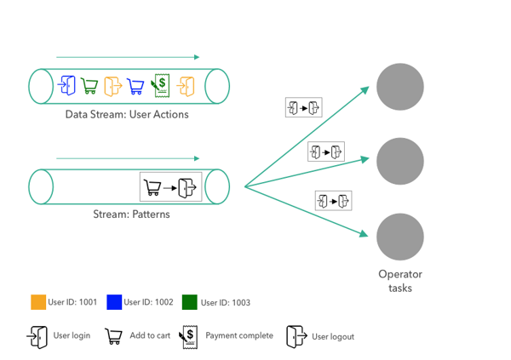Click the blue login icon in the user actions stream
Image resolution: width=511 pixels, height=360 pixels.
pyautogui.click(x=67, y=85)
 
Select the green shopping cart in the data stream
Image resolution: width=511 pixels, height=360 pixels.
pyautogui.click(x=89, y=86)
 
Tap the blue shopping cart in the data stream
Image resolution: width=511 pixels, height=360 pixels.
pyautogui.click(x=135, y=86)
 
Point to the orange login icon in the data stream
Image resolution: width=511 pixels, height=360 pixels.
pyautogui.click(x=185, y=85)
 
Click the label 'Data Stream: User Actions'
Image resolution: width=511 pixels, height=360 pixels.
pyautogui.click(x=127, y=114)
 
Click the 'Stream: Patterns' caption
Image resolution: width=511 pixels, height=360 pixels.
pyautogui.click(x=131, y=214)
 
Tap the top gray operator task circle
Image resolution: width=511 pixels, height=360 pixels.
pyautogui.click(x=400, y=86)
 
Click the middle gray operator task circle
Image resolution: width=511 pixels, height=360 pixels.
pyautogui.click(x=400, y=160)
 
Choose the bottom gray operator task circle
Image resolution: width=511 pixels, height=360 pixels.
pyautogui.click(x=400, y=237)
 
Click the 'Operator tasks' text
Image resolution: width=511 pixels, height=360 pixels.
pyautogui.click(x=400, y=281)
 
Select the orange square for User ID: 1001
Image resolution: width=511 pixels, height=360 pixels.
pyautogui.click(x=37, y=302)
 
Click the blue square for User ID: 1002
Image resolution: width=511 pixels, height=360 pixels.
pyautogui.click(x=114, y=302)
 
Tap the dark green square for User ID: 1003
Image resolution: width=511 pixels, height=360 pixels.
pyautogui.click(x=189, y=302)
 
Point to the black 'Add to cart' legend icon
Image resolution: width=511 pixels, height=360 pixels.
pyautogui.click(x=112, y=337)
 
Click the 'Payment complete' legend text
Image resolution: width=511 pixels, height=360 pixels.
pyautogui.click(x=239, y=336)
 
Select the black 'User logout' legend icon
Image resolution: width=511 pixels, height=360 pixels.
pyautogui.click(x=296, y=337)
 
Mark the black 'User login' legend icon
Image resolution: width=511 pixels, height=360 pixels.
pyautogui.click(x=37, y=337)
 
